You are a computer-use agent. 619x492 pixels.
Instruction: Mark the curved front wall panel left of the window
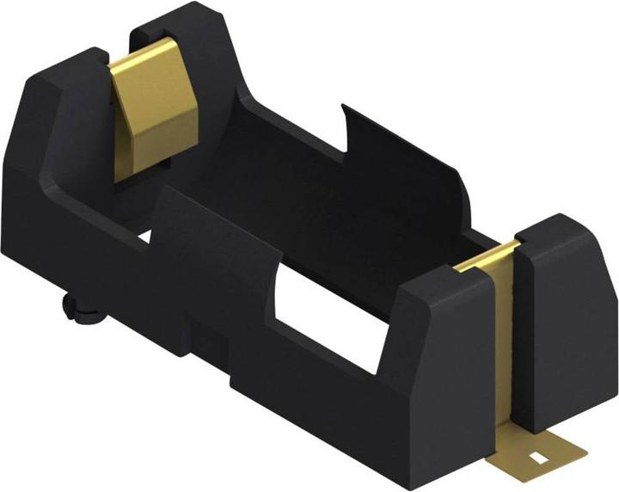click(x=215, y=258)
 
